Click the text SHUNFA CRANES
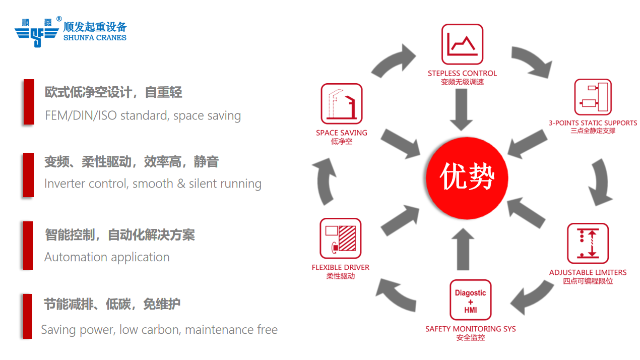click(95, 38)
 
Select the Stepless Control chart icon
click(462, 44)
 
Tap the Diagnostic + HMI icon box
click(470, 300)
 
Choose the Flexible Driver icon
click(341, 238)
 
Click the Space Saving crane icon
click(342, 104)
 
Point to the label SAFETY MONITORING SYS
click(470, 329)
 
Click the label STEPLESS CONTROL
click(462, 74)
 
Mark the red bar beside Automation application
click(28, 245)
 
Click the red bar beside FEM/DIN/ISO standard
click(29, 101)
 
